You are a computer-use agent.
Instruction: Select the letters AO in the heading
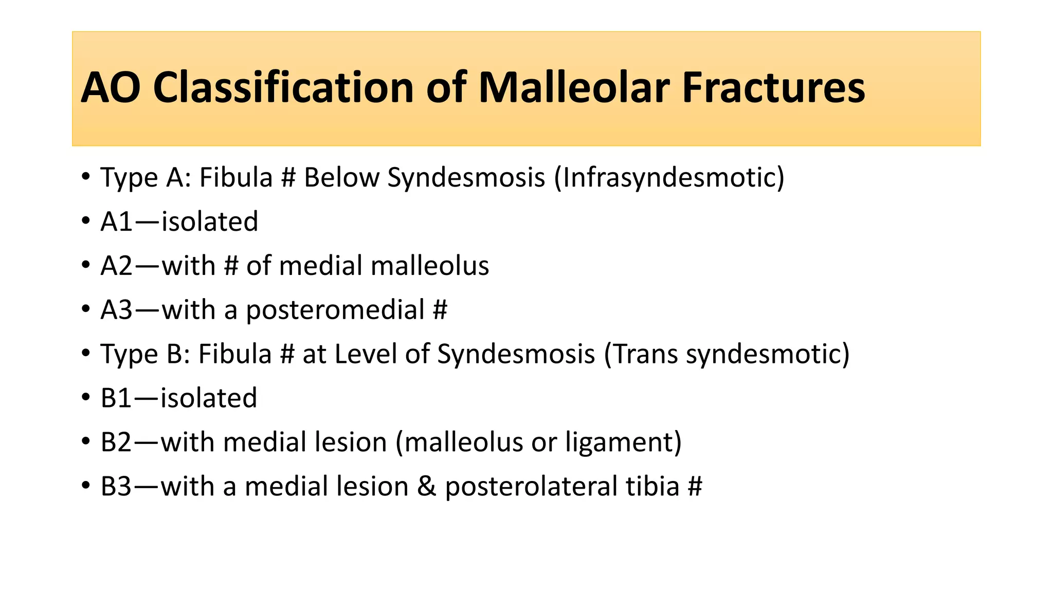click(x=111, y=87)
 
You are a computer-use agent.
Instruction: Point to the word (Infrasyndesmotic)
click(x=669, y=178)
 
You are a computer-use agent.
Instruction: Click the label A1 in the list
click(x=116, y=222)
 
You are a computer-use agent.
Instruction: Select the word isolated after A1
click(x=210, y=222)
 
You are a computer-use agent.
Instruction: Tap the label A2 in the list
click(x=117, y=266)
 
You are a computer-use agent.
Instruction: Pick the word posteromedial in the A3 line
click(x=335, y=310)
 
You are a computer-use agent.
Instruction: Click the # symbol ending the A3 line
click(x=440, y=310)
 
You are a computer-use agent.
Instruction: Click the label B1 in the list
click(x=116, y=398)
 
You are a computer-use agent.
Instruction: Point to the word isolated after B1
click(x=209, y=398)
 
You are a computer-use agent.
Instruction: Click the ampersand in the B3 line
click(x=426, y=487)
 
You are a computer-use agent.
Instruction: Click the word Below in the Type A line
click(x=341, y=178)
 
